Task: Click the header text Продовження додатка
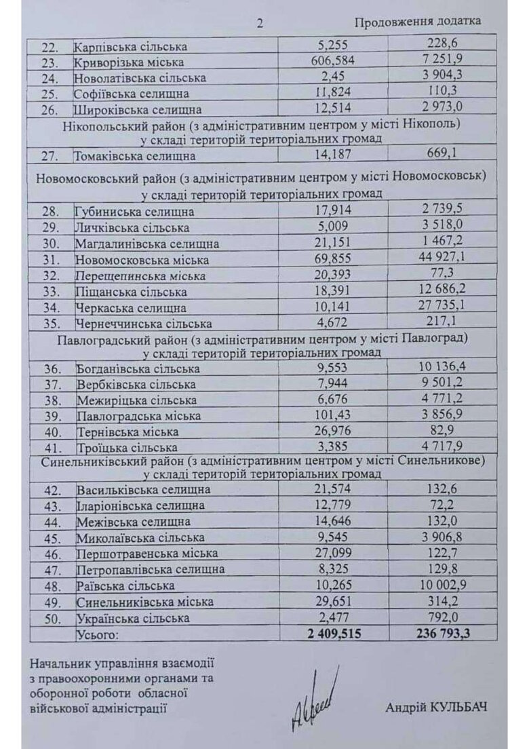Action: pos(418,21)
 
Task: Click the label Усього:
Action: pos(96,634)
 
